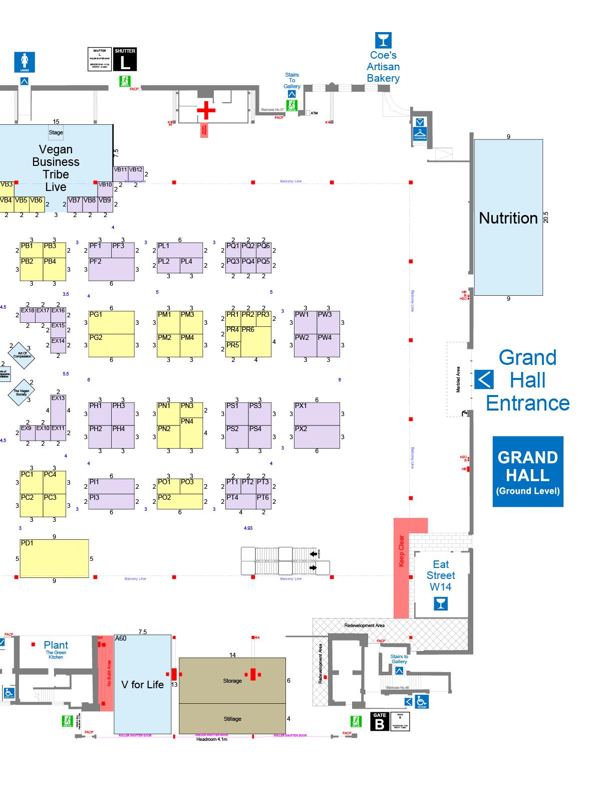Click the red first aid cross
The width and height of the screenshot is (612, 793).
pos(206,110)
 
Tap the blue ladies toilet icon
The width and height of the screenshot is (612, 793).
pos(25,62)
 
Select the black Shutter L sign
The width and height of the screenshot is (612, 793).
pos(125,60)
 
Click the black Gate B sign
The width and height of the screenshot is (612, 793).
pos(380,722)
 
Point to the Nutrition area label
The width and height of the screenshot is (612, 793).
pos(508,218)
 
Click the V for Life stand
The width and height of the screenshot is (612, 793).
pos(143,685)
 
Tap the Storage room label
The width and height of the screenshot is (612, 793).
pos(232,681)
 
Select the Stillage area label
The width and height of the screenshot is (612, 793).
pos(232,719)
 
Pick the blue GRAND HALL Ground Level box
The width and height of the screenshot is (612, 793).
pos(528,472)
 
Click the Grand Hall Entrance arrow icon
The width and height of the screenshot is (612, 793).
pos(484,379)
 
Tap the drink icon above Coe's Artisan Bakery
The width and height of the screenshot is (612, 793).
pos(383,40)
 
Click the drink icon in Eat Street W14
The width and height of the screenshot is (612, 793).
pos(441,603)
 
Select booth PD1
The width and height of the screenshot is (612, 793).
pos(54,558)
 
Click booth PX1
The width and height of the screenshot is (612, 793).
pos(317,414)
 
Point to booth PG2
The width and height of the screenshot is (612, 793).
pos(111,345)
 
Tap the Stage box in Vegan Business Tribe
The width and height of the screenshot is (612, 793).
pos(56,133)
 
